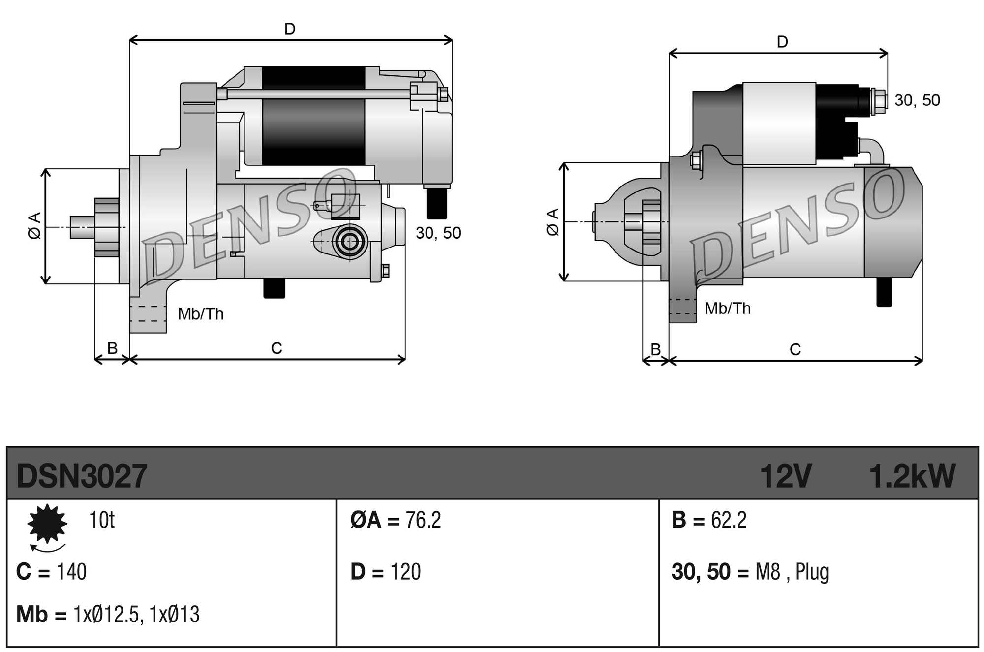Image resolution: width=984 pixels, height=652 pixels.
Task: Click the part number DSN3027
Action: point(82,476)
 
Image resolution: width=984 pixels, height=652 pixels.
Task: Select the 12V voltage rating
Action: point(785,476)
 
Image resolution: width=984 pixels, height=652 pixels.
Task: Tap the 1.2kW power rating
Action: point(912,476)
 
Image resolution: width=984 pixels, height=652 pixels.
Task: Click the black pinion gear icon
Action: point(47,524)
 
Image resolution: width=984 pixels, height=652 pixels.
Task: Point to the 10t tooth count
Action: point(101,520)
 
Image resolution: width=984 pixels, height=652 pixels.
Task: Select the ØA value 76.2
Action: point(423,520)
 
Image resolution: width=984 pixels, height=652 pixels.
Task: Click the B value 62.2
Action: point(729,520)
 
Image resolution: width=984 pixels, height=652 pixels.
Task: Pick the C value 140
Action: point(72,572)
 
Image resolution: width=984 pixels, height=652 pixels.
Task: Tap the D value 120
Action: point(405,572)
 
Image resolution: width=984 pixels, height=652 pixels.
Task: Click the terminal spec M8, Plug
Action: point(792,572)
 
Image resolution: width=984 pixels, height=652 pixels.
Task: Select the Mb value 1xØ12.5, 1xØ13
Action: point(136,615)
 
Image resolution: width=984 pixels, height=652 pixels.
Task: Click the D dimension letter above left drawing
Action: point(290,30)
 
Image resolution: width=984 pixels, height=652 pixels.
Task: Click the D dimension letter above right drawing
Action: point(782,42)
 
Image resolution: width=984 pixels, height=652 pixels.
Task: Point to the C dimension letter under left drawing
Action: point(277,348)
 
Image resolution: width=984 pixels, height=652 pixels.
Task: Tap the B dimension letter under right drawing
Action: point(655,349)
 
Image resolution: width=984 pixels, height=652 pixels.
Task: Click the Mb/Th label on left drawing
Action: point(201,314)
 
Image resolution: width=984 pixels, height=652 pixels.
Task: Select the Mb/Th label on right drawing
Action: point(727,309)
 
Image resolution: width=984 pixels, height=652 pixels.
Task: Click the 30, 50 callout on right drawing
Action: point(917,100)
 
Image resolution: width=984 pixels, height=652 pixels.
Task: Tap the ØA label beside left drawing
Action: point(34,226)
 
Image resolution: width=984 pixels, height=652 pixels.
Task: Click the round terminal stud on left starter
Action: point(350,242)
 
